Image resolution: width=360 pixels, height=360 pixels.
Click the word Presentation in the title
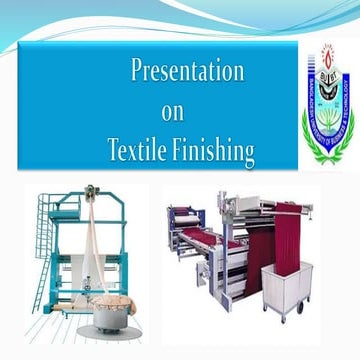(188, 72)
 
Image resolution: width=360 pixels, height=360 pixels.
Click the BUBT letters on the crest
(328, 100)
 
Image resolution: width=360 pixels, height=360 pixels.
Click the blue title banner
(150, 110)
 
